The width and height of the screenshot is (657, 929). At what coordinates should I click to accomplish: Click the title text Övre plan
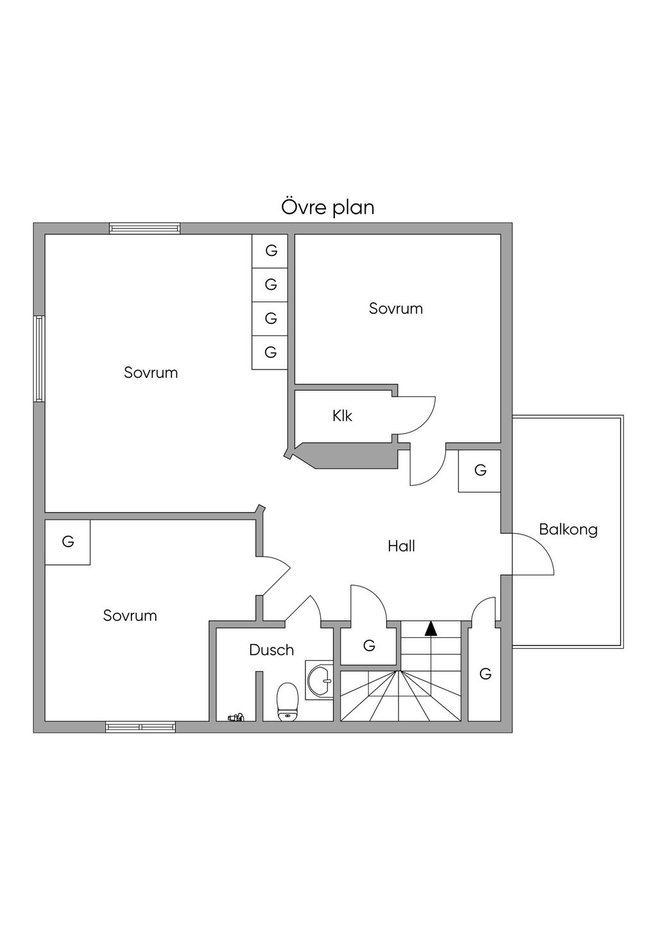click(x=328, y=207)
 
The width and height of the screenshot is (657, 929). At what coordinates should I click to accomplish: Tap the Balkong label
click(x=568, y=529)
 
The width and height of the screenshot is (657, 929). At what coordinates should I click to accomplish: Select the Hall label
click(x=401, y=546)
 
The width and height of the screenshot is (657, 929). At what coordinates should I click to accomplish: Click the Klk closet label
click(x=342, y=416)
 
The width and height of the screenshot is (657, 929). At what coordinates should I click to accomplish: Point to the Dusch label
click(x=271, y=650)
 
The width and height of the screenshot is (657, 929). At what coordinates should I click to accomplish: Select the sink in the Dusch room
click(x=320, y=679)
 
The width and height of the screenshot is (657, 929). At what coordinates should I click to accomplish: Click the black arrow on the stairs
click(x=431, y=628)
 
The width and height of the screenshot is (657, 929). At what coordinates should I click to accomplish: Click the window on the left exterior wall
click(x=40, y=359)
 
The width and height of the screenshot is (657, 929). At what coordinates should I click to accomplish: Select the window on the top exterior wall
click(x=144, y=228)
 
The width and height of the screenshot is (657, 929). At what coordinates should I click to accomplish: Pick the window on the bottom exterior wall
click(x=141, y=727)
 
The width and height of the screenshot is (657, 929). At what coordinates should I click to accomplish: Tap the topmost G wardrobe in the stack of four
click(x=271, y=251)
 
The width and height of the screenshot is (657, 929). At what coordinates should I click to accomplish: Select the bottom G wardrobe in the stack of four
click(x=271, y=352)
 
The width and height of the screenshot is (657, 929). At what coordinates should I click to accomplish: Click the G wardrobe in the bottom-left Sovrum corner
click(x=67, y=542)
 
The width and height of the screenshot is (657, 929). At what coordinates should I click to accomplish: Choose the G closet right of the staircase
click(x=485, y=674)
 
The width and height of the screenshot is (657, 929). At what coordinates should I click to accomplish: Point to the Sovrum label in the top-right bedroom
click(x=396, y=309)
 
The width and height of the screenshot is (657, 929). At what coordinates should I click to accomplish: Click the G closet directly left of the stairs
click(x=368, y=646)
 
